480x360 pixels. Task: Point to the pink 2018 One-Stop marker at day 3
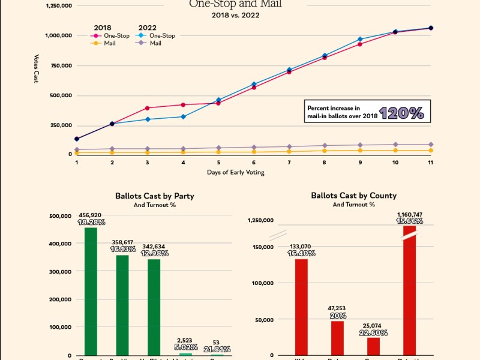[x=147, y=108]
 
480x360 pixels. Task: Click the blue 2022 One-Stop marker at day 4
[x=182, y=116]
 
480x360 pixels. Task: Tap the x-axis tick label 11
[x=430, y=162]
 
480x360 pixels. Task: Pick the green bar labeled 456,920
[x=91, y=291]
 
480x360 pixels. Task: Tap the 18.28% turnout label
[x=91, y=222]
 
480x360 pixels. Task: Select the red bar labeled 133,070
[x=301, y=307]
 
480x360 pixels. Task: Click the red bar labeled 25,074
[x=373, y=346]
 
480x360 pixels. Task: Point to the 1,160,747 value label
[x=410, y=214]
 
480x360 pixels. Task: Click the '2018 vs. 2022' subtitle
[x=235, y=14]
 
